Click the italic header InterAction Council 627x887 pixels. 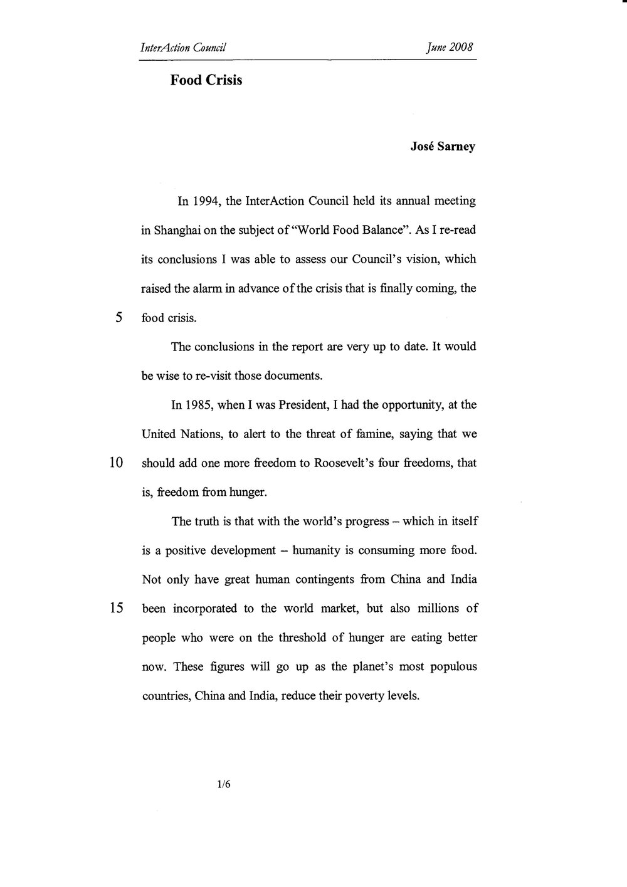tap(183, 47)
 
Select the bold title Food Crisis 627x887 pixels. tap(206, 81)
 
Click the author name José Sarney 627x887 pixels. tap(443, 148)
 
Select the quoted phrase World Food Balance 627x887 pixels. tap(357, 231)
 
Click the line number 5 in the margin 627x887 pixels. tap(119, 317)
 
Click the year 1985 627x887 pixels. tap(199, 406)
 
